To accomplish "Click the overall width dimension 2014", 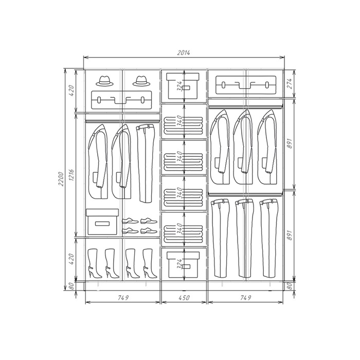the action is (x=184, y=53).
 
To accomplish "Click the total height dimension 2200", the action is (x=61, y=178).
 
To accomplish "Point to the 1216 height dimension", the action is (x=71, y=175).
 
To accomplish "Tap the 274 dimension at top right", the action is (x=289, y=83).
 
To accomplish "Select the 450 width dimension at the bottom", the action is (x=184, y=298).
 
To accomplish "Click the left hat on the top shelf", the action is (x=104, y=81).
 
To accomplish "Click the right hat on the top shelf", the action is (x=141, y=81).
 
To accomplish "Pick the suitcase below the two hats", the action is (x=122, y=100).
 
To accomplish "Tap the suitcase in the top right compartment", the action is (x=246, y=85).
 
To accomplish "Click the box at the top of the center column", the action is (x=183, y=86).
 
